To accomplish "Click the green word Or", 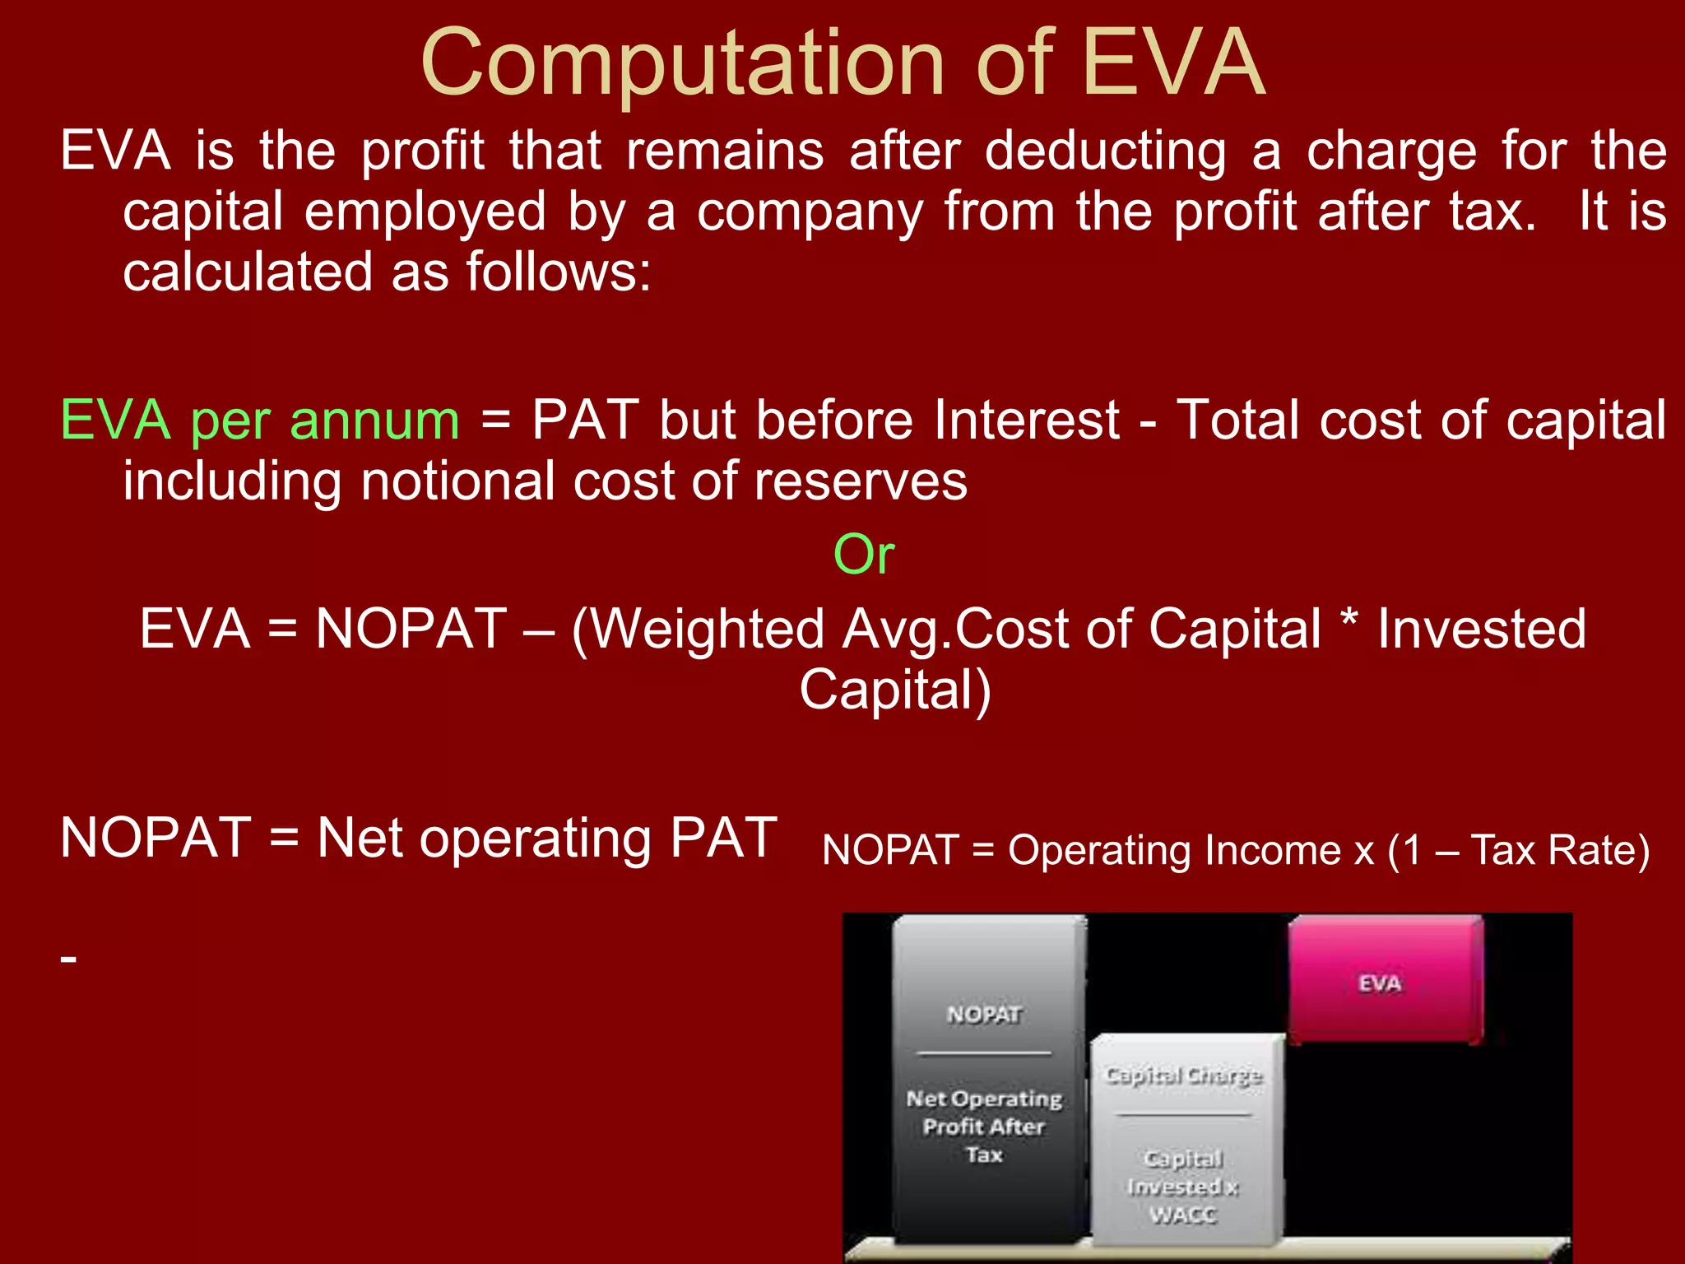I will click(863, 555).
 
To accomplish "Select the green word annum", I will click(374, 421).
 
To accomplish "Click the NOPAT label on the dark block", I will click(984, 1015).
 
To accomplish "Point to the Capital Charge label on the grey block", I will click(1183, 1076).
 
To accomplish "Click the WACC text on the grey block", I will click(1183, 1215).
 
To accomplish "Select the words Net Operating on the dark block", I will click(984, 1099).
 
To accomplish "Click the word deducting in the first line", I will click(1105, 151).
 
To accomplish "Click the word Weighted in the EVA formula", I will click(708, 630).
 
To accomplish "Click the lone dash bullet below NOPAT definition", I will click(69, 959).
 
